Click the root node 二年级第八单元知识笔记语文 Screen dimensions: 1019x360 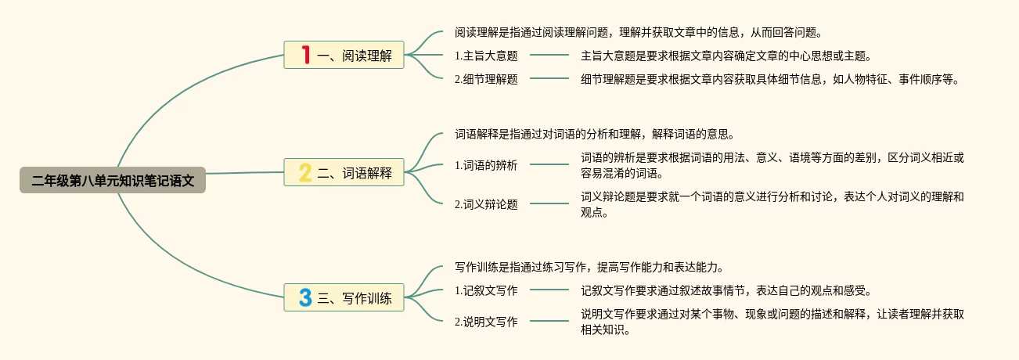[113, 181]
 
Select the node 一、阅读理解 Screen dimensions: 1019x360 [344, 56]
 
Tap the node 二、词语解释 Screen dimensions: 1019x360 [344, 173]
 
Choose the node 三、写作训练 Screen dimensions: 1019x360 [344, 297]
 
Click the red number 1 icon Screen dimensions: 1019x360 [305, 55]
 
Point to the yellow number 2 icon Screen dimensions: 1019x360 [305, 172]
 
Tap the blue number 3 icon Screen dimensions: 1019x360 [305, 297]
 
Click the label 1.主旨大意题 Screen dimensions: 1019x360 [486, 56]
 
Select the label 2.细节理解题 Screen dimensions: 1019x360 [486, 79]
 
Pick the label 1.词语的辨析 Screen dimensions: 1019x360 [486, 165]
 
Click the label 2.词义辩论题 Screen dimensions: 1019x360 [486, 204]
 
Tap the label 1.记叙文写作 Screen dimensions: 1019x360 [486, 290]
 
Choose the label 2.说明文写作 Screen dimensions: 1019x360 [486, 322]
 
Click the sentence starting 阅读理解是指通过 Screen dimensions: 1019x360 [638, 33]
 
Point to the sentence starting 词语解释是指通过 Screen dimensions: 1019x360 [595, 134]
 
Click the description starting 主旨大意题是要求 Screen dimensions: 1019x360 [726, 56]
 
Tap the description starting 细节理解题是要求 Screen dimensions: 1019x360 [769, 79]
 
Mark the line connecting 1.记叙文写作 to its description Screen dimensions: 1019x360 [549, 290]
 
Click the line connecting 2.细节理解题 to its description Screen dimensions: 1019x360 [549, 79]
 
